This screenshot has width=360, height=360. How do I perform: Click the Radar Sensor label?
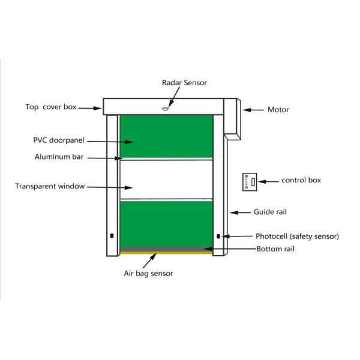(184, 83)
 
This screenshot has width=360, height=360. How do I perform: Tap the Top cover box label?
(51, 107)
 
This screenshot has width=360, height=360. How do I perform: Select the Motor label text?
(278, 110)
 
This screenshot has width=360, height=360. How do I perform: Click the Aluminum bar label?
(59, 157)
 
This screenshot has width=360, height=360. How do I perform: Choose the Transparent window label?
(50, 186)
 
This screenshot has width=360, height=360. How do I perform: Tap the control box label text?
(301, 180)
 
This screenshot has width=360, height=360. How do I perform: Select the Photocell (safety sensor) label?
(297, 236)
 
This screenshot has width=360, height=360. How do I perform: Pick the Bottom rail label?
(275, 248)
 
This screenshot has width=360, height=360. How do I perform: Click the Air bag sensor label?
(148, 274)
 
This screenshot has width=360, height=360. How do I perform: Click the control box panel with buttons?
(250, 181)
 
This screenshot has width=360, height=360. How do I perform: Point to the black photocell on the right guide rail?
(218, 236)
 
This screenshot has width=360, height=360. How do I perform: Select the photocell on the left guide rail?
(112, 235)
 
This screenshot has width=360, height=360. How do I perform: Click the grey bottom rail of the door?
(166, 248)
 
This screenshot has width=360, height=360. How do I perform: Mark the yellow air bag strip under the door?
(166, 253)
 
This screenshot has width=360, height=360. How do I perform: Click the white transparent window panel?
(166, 179)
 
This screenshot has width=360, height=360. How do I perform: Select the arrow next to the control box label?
(271, 181)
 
